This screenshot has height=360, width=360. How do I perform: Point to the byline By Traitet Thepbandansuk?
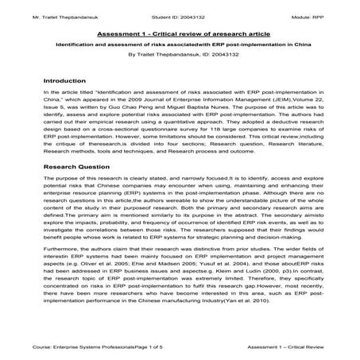pos(180,56)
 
